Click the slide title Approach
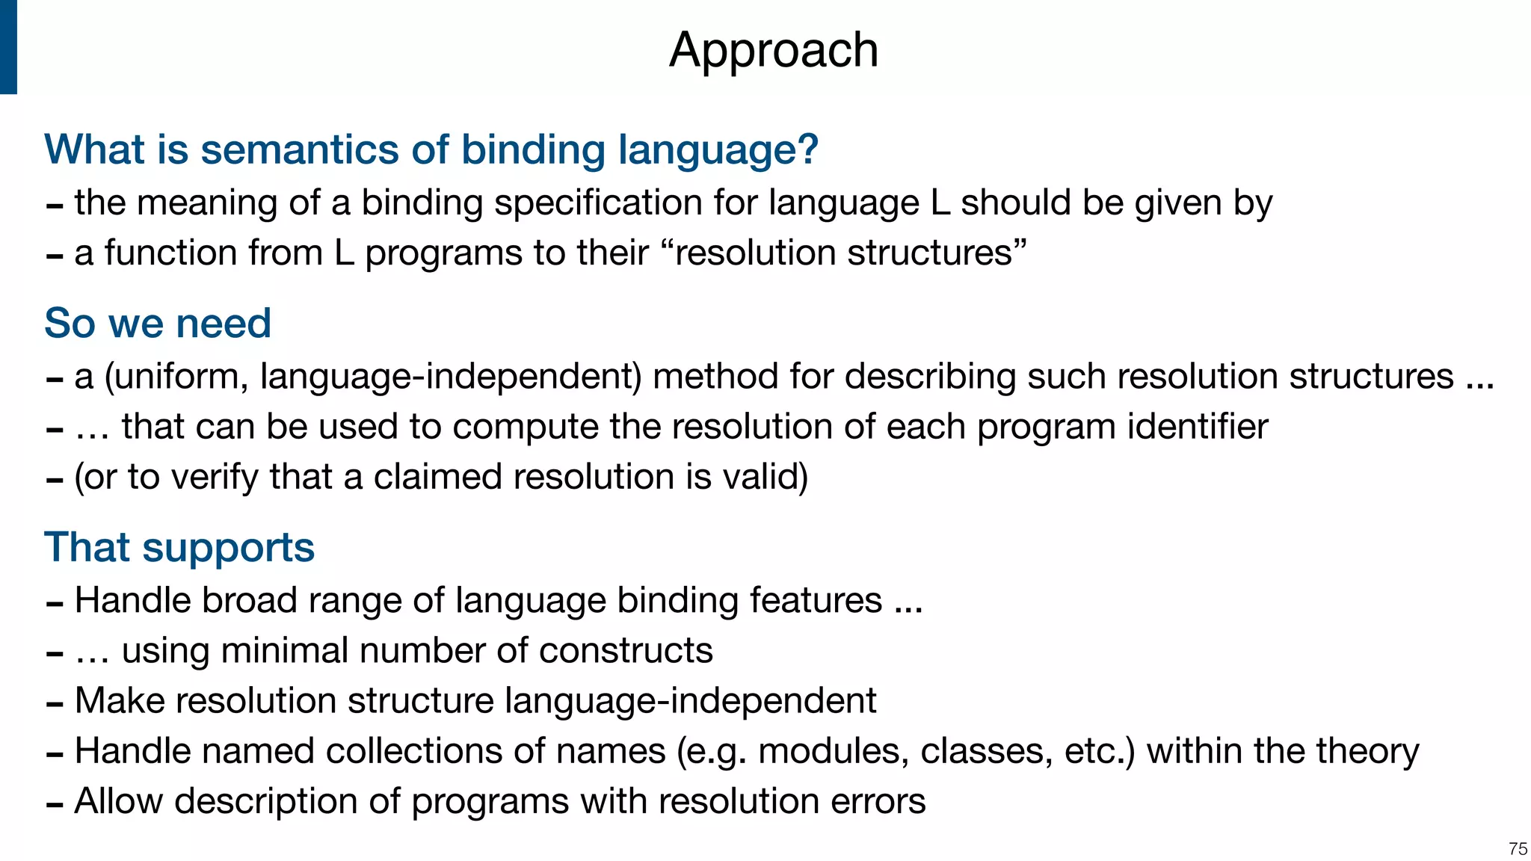774,51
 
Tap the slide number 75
1517,849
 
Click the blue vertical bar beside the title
8,47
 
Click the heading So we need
158,324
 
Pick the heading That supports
179,547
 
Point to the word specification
597,203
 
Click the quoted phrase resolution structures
844,253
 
